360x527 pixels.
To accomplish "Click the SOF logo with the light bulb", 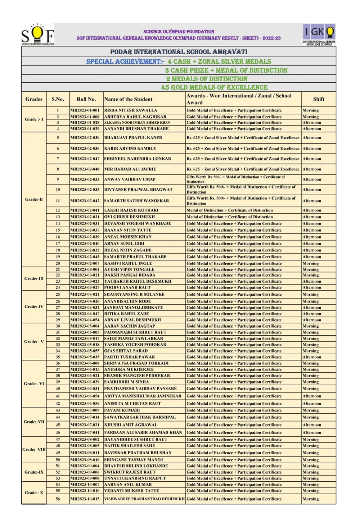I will coord(38,35).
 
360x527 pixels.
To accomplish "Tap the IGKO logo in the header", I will coord(319,34).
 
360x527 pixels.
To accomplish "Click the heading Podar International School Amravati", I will coord(179,52).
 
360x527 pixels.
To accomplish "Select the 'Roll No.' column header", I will coord(86,99).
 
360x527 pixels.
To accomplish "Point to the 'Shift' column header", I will coord(319,99).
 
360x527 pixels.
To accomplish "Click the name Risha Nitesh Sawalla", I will coord(131,110).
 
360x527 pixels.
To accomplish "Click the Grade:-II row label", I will coord(34,199).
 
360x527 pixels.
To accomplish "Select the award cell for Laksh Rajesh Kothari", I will coord(230,210).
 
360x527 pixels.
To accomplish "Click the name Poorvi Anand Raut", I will coord(128,288).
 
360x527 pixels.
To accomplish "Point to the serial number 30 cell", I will coord(58,326).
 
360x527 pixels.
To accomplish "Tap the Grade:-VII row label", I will coord(34,422).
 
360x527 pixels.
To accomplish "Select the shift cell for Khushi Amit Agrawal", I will coord(312,425).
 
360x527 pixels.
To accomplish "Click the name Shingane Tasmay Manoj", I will coord(134,460).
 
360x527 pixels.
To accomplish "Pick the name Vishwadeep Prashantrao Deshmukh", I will coord(144,499).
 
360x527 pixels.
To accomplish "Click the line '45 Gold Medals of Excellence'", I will coord(215,87).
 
